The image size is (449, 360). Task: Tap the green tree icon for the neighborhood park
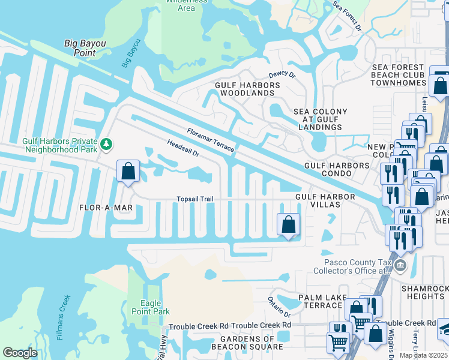(x=106, y=143)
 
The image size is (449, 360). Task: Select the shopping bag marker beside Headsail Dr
(x=128, y=172)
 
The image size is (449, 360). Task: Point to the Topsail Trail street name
(x=194, y=199)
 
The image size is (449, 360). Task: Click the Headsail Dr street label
(x=183, y=149)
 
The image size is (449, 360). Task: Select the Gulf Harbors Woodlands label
(x=247, y=89)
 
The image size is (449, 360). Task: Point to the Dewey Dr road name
(x=282, y=75)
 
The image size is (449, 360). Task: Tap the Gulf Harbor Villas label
(x=318, y=200)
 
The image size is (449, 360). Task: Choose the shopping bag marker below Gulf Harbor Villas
(x=288, y=225)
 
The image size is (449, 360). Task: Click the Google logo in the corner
(x=20, y=353)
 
